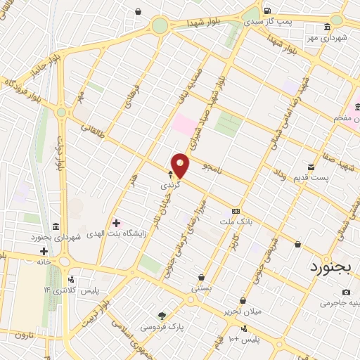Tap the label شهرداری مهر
(335, 37)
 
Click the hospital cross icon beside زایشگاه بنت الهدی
(116, 223)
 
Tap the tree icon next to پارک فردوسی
(162, 316)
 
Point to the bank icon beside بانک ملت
(236, 211)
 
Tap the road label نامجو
(212, 169)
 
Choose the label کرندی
(171, 186)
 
